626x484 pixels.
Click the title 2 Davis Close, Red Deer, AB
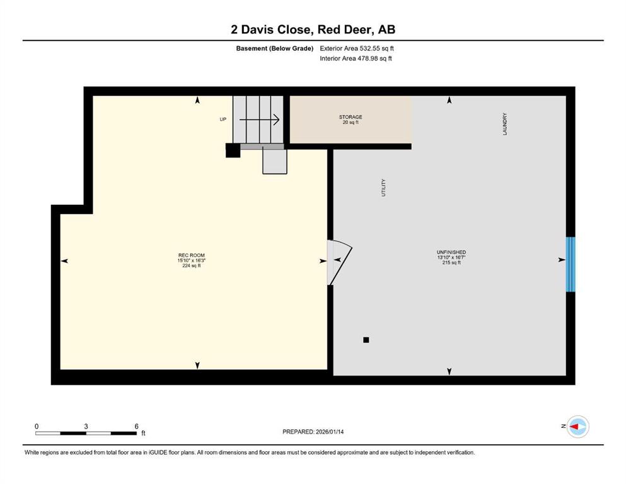tap(313, 30)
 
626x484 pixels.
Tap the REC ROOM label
tap(192, 255)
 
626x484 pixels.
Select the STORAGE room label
tap(351, 117)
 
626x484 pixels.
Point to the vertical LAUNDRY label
tap(504, 124)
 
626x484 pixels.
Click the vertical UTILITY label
tap(384, 188)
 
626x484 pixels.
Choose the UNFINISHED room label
tap(451, 252)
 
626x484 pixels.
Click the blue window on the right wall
tap(571, 264)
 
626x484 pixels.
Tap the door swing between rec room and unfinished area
tap(340, 262)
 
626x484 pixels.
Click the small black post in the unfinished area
tap(366, 340)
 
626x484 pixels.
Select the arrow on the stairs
tap(259, 119)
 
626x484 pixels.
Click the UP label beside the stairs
tap(223, 119)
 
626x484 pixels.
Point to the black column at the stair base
tap(233, 151)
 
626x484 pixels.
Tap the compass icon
tap(577, 427)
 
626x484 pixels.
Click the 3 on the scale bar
tap(86, 426)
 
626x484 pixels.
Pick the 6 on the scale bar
tap(137, 426)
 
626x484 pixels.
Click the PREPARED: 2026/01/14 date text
tap(313, 432)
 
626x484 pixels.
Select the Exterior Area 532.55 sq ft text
tap(357, 49)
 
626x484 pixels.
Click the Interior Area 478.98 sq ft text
tap(356, 58)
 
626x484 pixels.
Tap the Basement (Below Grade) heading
tap(275, 49)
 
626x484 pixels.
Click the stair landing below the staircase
tap(275, 161)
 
